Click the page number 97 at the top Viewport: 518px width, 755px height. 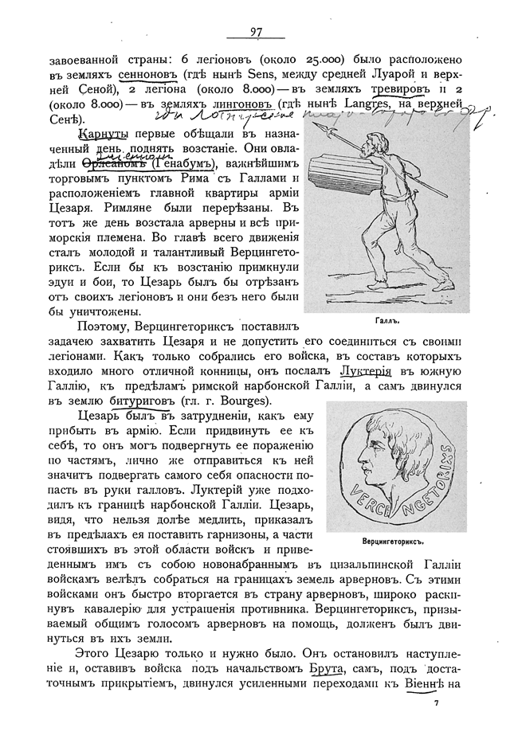[x=256, y=31]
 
